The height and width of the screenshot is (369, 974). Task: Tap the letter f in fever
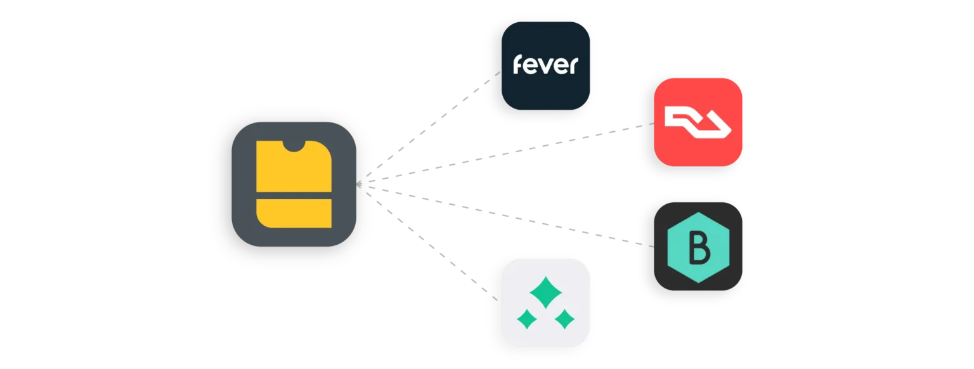coord(518,65)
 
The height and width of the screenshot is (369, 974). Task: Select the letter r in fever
coord(573,67)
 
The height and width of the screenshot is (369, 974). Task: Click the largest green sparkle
coord(545,292)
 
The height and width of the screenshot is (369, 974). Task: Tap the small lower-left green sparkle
coord(526,318)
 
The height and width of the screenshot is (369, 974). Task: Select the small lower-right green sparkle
coord(564,318)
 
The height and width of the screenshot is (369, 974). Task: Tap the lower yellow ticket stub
coord(294,212)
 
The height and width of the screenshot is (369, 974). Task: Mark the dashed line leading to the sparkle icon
coord(438,250)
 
